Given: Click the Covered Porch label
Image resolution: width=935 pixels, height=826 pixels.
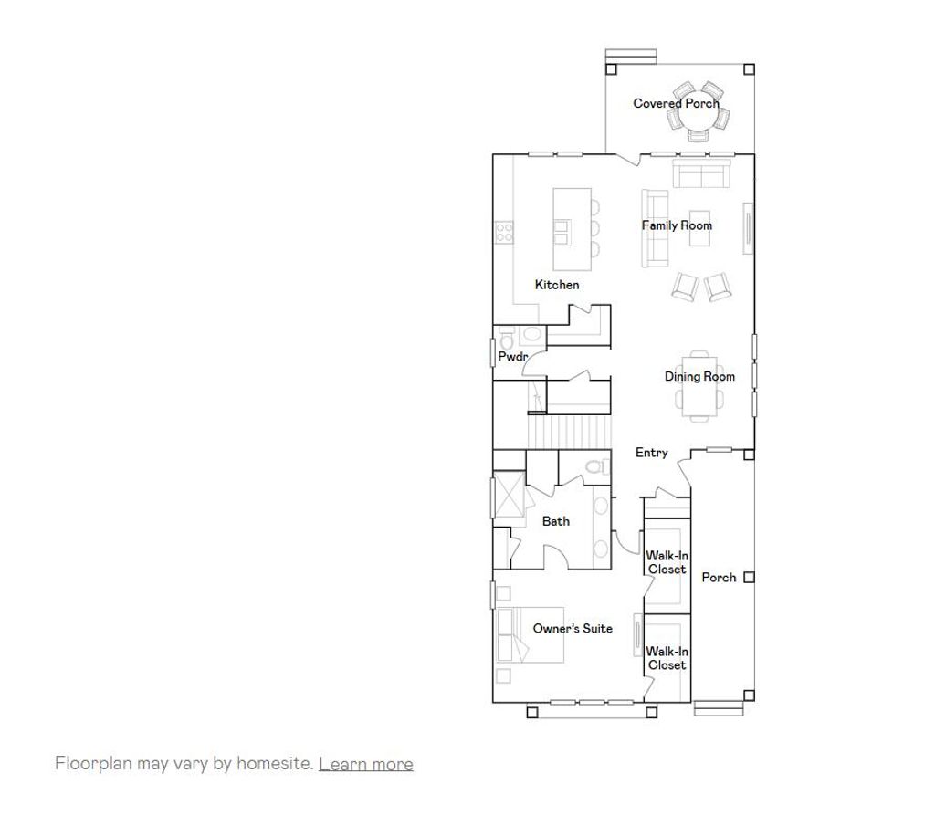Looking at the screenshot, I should [676, 103].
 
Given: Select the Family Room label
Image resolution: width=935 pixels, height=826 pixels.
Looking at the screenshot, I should [677, 225].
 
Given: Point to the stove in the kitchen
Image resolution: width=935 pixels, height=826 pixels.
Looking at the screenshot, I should [503, 234].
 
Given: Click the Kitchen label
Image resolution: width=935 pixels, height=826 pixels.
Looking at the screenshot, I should [557, 285].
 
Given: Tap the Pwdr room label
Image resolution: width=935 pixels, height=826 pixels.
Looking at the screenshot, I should [512, 357].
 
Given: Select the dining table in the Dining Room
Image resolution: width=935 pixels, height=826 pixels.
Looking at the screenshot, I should [699, 388].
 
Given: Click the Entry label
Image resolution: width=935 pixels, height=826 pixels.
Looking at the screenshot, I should [652, 453].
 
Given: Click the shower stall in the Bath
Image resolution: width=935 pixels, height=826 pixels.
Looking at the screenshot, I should [509, 494].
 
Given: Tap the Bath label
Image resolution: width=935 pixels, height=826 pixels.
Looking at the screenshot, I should [556, 521].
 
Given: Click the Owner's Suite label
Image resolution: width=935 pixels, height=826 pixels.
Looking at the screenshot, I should [573, 628].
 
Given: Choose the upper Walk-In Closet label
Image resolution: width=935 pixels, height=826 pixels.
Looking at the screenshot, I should [667, 562].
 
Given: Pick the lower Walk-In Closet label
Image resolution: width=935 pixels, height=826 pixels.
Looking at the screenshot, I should [667, 658].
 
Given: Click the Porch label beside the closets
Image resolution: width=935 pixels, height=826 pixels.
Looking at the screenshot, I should [719, 577].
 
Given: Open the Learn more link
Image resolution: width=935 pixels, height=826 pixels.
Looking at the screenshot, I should [365, 764].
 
